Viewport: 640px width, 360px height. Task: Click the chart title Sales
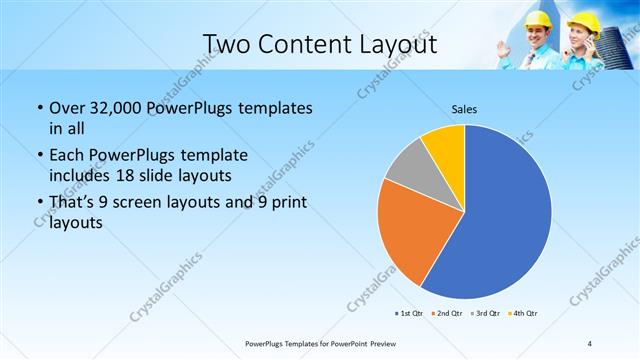coord(465,108)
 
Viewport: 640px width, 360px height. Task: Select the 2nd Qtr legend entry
coord(447,314)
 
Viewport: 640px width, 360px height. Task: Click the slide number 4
coord(591,343)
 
